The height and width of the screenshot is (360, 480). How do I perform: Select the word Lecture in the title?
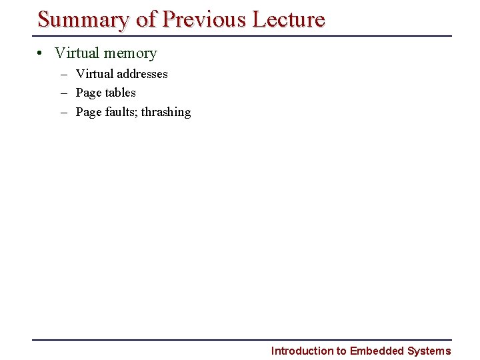pos(289,19)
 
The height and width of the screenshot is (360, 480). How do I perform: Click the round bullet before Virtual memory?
pos(41,53)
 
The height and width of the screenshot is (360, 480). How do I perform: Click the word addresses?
pos(142,74)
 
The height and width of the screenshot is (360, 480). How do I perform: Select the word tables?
pos(120,93)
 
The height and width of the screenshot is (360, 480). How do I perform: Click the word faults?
pos(121,112)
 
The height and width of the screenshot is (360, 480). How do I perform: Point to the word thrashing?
pos(166,112)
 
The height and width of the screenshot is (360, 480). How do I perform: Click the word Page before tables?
pos(89,93)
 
